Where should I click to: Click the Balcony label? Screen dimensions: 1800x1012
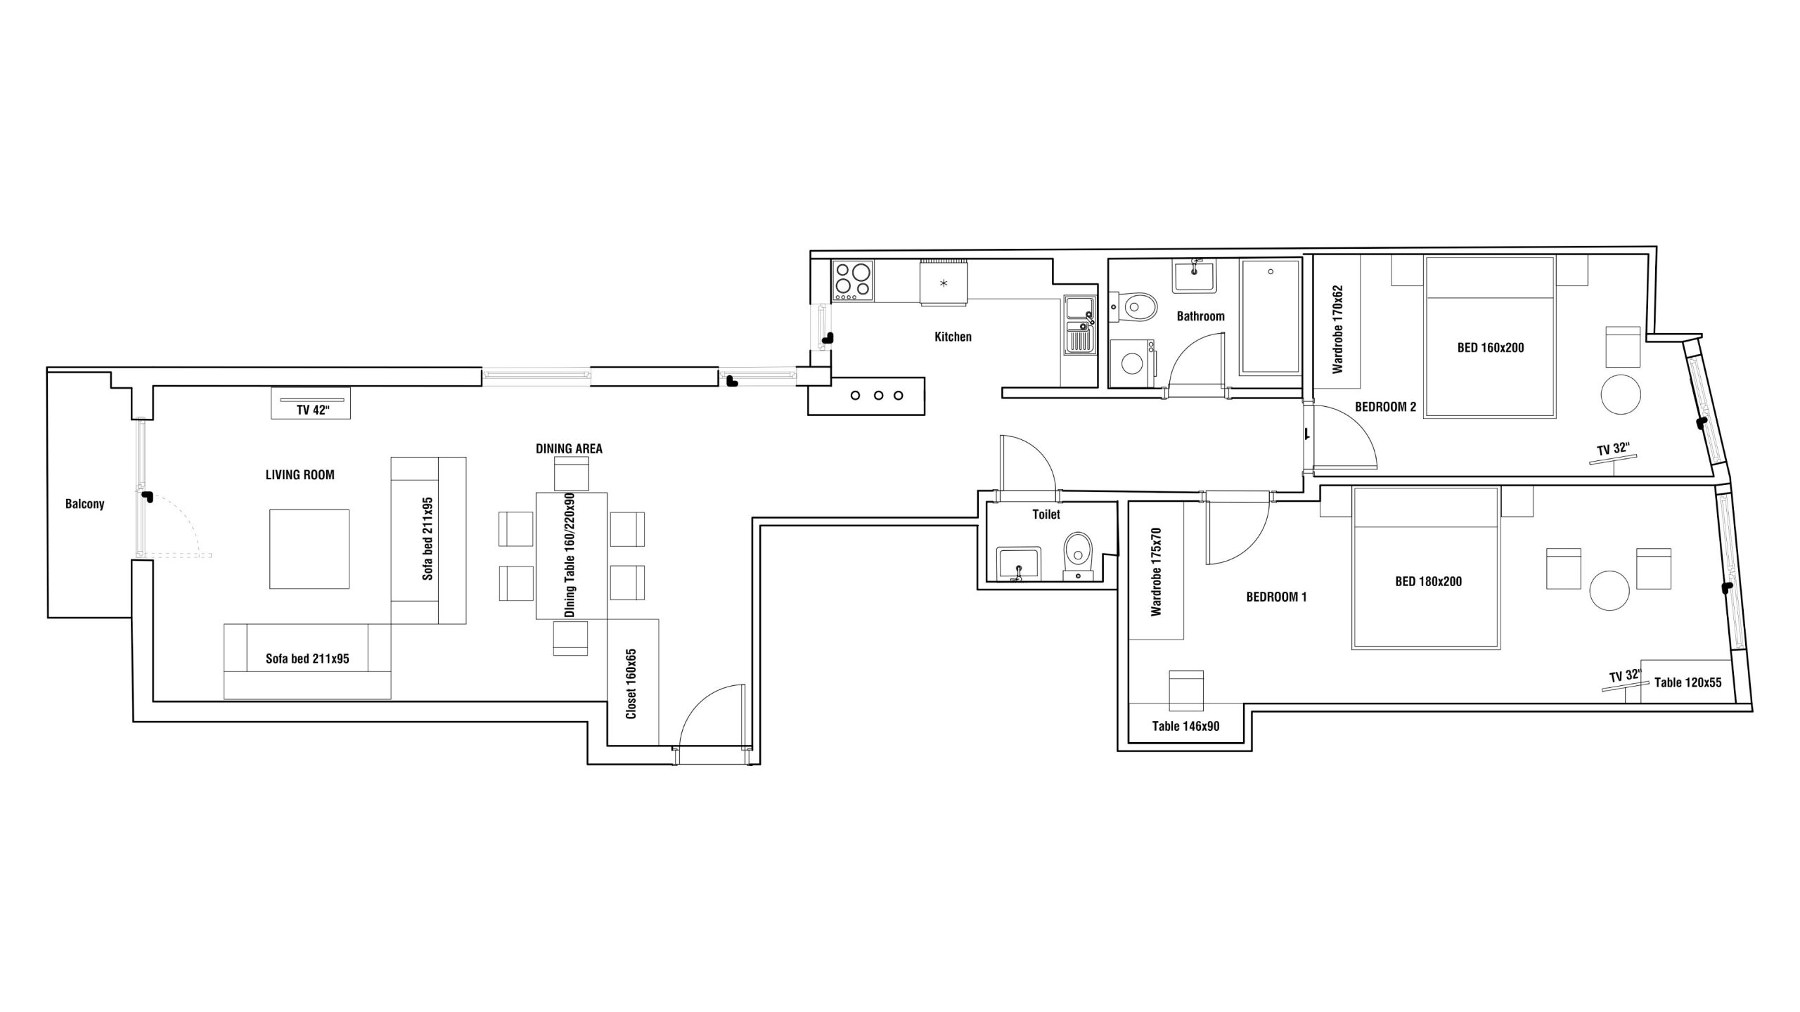84,504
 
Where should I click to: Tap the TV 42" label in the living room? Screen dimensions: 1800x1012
313,410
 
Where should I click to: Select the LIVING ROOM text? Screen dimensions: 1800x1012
300,475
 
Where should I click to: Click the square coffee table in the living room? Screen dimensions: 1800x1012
309,549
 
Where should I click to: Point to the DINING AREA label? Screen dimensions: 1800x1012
569,448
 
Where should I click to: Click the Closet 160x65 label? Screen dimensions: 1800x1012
631,684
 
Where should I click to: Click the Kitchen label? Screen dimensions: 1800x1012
953,337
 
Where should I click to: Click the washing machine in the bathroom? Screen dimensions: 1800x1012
1132,363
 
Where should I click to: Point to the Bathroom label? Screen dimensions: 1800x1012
1200,316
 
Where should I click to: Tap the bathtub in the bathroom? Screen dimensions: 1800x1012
1270,316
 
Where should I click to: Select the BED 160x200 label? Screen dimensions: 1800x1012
1491,347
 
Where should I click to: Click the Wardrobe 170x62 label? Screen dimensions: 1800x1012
1337,329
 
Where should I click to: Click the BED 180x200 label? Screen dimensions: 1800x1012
1428,581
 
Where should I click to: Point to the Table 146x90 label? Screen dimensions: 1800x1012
1185,726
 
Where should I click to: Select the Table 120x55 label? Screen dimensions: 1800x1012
1687,682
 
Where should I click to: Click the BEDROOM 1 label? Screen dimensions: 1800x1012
1276,597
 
